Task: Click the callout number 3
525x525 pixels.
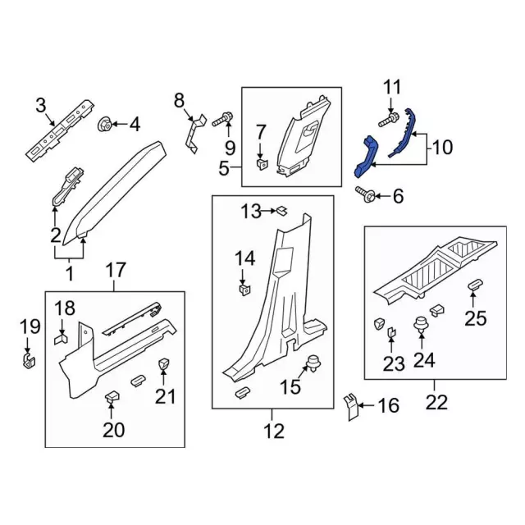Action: pos(40,104)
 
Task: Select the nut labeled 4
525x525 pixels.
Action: pos(106,125)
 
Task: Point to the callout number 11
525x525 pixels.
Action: pos(392,87)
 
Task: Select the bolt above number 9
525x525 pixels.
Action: pos(222,121)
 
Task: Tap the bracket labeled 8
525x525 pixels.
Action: pos(194,133)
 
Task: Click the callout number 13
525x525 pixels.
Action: pos(251,212)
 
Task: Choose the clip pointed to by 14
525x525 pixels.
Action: pos(244,288)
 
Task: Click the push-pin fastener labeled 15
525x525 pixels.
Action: pos(313,365)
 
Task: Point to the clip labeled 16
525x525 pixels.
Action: pos(350,405)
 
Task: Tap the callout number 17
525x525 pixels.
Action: pos(115,268)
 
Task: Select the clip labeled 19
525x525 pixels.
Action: pos(28,359)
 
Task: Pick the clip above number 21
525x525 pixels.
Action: pos(163,364)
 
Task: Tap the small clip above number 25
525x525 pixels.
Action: pos(475,285)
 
